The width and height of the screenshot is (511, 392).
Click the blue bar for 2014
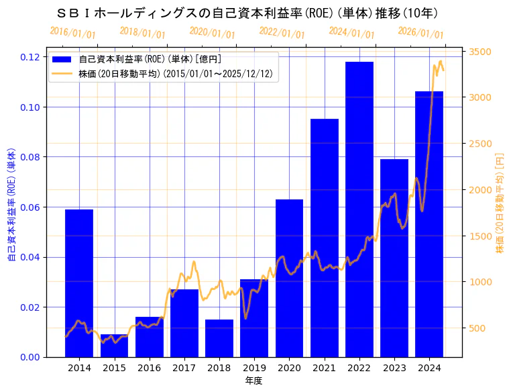[79, 283]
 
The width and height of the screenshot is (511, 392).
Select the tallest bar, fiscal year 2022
[359, 209]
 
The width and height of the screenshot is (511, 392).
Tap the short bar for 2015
[114, 346]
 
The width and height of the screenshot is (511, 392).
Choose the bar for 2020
[289, 278]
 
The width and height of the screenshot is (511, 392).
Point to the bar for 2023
[394, 258]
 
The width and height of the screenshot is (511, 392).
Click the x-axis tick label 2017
[184, 368]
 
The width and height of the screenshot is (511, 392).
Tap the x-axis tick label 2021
[324, 368]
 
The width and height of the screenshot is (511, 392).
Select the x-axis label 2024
[429, 368]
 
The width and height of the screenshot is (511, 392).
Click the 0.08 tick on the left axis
[30, 157]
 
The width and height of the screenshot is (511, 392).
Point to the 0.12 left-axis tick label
[30, 57]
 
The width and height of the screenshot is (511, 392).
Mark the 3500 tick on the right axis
[480, 52]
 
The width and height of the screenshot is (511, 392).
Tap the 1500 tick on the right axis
[480, 236]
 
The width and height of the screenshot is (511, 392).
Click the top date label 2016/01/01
[72, 33]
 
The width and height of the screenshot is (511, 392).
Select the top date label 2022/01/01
[282, 33]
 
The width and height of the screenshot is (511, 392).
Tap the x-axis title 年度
[253, 381]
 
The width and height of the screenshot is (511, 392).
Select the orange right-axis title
[499, 201]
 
